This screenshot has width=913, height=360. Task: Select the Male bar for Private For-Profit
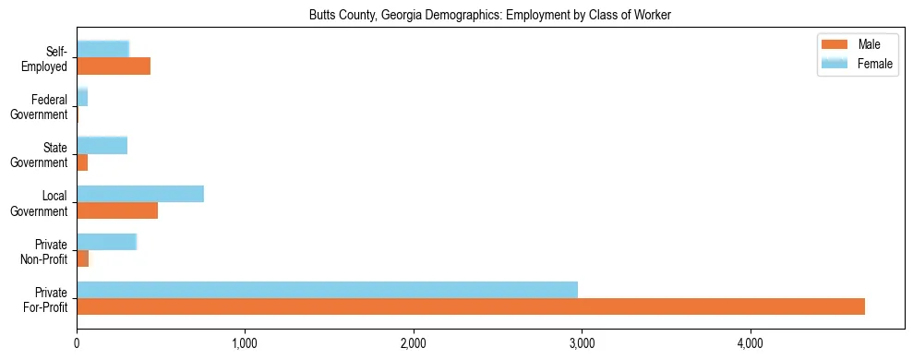click(x=471, y=306)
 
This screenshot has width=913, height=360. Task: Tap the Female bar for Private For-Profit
click(x=327, y=290)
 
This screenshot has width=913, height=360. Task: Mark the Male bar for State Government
click(x=82, y=162)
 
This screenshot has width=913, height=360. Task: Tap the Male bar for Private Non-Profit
click(x=83, y=258)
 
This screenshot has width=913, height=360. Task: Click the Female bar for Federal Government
click(x=82, y=98)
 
